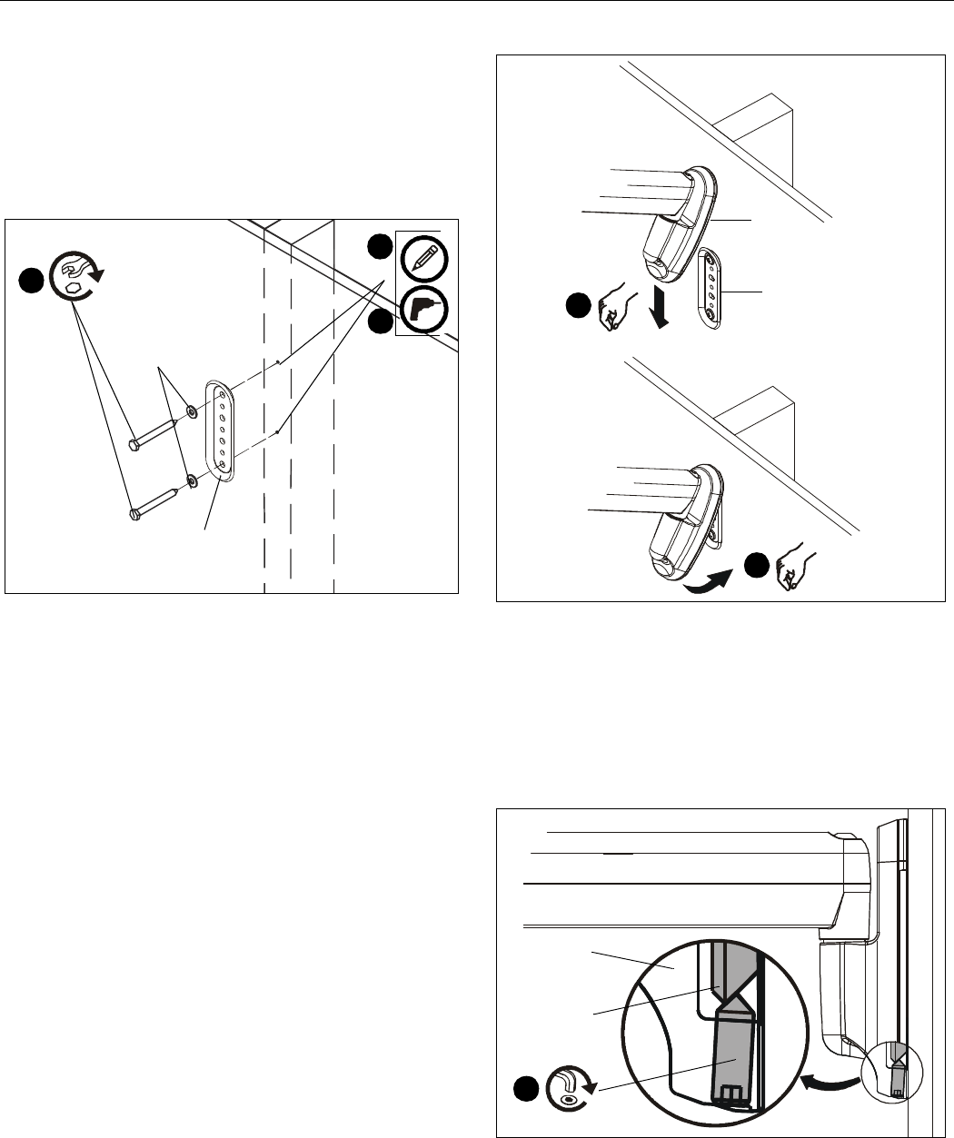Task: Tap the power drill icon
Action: click(x=422, y=312)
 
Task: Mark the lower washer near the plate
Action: click(x=193, y=480)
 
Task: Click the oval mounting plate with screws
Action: click(x=221, y=430)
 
